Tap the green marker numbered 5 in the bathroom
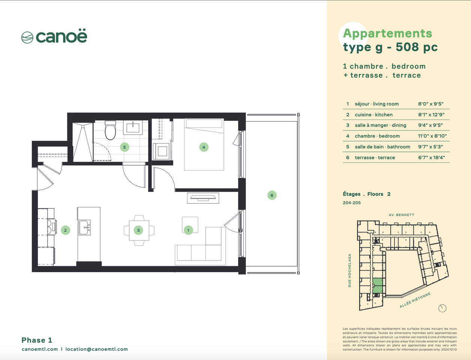click(124, 147)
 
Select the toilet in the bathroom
click(110, 130)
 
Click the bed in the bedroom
click(204, 145)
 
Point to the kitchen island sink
click(84, 227)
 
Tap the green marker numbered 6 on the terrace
click(272, 195)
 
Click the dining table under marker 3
click(139, 230)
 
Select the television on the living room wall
click(203, 198)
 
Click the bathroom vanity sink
click(133, 127)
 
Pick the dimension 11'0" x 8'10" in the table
click(432, 136)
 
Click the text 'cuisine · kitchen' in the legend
click(373, 115)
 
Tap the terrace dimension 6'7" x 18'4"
click(431, 157)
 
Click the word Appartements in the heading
click(387, 34)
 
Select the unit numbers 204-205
click(352, 203)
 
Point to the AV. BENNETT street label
click(402, 215)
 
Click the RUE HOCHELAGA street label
click(349, 270)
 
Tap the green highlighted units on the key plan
click(378, 286)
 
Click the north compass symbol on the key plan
click(442, 308)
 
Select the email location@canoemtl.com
click(96, 349)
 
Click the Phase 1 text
click(37, 340)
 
